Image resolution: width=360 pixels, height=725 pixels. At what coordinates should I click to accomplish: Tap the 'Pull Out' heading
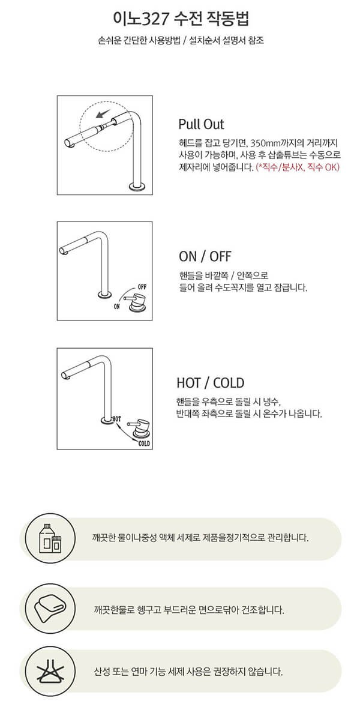coord(201,124)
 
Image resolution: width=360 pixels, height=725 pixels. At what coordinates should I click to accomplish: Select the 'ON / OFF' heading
coord(205,256)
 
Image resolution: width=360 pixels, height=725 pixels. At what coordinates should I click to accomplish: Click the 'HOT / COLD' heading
coord(210,383)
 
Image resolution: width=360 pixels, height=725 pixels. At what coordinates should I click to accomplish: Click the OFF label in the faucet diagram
coord(142,287)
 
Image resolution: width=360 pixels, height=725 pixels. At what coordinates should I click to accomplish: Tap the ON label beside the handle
coord(117,306)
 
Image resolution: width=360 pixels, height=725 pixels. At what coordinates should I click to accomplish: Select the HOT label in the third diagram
coord(116,419)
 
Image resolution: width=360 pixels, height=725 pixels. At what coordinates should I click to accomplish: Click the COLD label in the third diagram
coord(144,444)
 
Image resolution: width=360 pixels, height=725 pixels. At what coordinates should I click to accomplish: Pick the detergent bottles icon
coord(50,538)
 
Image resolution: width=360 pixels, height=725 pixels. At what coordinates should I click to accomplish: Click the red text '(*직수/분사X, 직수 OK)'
coord(298,167)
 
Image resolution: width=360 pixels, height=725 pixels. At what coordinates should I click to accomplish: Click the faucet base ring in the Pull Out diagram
coord(137,186)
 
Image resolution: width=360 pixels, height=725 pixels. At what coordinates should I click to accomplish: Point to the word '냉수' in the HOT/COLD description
coord(271,402)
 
